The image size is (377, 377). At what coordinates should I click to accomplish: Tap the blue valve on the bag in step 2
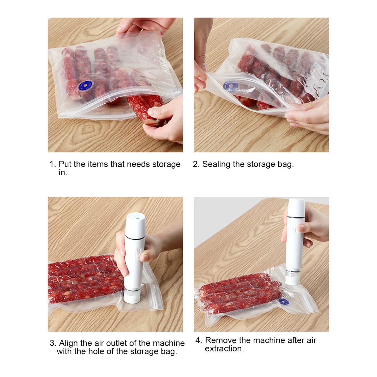231,87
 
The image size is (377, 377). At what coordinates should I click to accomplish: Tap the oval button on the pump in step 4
294,231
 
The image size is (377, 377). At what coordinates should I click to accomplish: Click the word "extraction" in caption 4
223,349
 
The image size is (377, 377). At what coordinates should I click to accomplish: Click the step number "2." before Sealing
196,164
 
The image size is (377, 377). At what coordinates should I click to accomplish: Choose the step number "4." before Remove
199,340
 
